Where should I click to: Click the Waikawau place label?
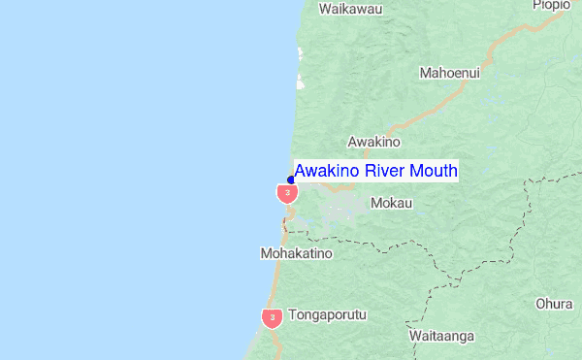[350, 10]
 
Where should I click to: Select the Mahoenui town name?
[449, 73]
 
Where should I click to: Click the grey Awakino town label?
[373, 142]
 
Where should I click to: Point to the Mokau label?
[391, 204]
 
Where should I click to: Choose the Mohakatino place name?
[296, 253]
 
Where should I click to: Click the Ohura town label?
[554, 304]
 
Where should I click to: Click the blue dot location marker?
[291, 180]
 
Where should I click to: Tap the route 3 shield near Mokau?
[287, 193]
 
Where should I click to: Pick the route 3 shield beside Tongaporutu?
[273, 317]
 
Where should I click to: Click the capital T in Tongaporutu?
[292, 315]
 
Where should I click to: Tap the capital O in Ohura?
[540, 304]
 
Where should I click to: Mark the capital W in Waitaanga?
[415, 337]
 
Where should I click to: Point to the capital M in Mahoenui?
[425, 73]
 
